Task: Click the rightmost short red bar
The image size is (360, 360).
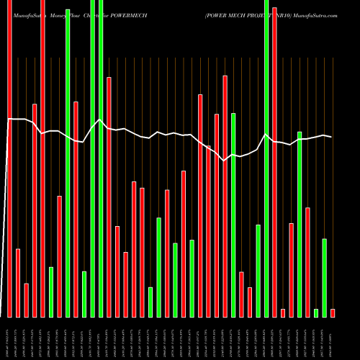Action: (x=333, y=312)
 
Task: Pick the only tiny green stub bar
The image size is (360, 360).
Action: (x=316, y=312)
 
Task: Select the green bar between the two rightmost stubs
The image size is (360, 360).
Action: (x=325, y=277)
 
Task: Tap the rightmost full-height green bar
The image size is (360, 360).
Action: (x=266, y=158)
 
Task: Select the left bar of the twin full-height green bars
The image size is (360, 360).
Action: (x=93, y=158)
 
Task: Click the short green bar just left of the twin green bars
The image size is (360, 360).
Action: (x=84, y=294)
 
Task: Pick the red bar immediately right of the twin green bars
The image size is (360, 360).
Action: (x=109, y=197)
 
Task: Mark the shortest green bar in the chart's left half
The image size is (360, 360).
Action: (x=150, y=302)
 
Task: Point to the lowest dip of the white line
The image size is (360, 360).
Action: (x=225, y=161)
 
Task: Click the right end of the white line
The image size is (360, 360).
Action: (x=332, y=137)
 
